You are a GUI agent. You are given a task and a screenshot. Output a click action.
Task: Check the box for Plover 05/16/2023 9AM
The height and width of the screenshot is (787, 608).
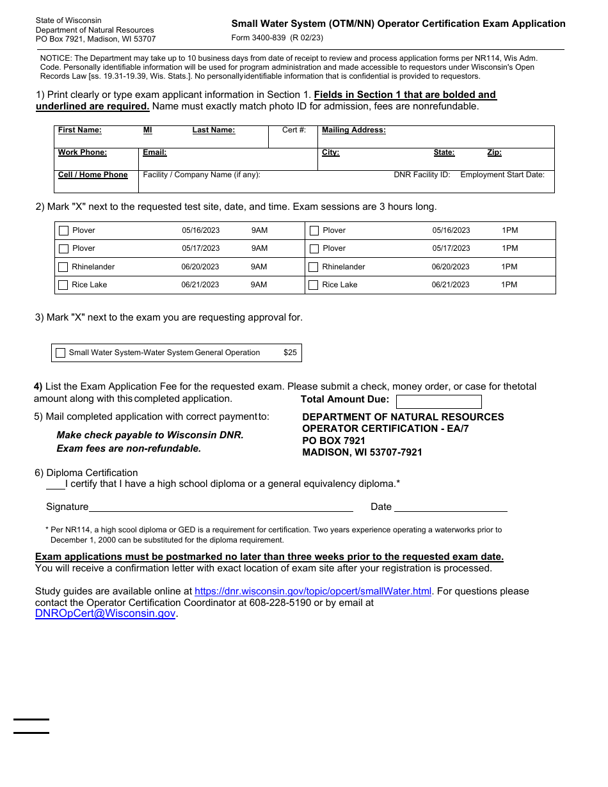[63, 230]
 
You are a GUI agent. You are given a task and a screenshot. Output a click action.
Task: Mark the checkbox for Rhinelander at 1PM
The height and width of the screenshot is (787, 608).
[314, 267]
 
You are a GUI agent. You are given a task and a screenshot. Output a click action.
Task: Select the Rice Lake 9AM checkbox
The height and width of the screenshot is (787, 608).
[63, 285]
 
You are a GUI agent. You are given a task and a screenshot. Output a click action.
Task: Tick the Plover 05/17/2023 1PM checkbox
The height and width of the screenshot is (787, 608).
[314, 249]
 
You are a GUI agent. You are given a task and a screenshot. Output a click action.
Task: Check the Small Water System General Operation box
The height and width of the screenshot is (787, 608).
[61, 353]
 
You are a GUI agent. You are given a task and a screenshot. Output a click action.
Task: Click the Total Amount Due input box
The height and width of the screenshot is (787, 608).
[438, 402]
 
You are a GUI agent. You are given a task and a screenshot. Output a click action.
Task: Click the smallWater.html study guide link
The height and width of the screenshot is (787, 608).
[313, 591]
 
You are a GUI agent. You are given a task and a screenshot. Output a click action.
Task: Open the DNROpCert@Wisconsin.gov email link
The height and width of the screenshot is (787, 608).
[105, 614]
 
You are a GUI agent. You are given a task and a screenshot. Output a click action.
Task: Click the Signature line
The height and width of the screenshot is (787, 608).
[221, 507]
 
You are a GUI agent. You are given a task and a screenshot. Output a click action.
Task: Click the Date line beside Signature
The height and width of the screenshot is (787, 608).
[451, 507]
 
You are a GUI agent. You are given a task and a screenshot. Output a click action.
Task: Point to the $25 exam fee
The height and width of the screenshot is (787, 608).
[290, 353]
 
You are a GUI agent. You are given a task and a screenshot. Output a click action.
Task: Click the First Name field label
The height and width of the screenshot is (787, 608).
[79, 130]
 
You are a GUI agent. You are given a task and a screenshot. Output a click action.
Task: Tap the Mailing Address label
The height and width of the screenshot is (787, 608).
[353, 130]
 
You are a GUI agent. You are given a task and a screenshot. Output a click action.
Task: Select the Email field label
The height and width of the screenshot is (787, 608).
[154, 152]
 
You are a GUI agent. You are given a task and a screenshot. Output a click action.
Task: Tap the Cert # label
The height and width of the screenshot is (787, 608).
[294, 130]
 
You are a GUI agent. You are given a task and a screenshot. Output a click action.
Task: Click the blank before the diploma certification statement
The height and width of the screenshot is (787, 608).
[55, 485]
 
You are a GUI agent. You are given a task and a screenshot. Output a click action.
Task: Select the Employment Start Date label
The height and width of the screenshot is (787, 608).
[502, 175]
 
